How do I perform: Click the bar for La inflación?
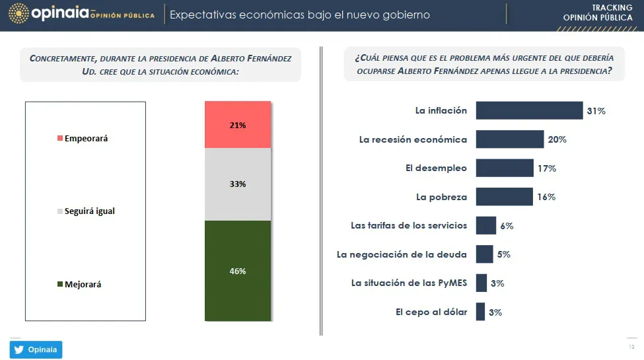point(528,111)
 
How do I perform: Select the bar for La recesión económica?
point(509,139)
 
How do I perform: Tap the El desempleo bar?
point(505,168)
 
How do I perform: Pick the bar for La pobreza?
point(504,197)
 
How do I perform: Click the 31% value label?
point(596,111)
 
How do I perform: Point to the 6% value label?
point(507,226)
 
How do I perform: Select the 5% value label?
point(503,254)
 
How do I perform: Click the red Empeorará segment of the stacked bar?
point(238,125)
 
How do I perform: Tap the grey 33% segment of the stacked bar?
point(238,184)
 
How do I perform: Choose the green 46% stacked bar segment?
point(238,271)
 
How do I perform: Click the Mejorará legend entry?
point(83,284)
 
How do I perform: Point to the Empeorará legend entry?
point(83,139)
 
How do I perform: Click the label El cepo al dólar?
point(431,312)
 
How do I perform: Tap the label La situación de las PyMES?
point(409,283)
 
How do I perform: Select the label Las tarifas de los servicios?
point(408,225)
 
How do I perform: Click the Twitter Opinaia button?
point(36,349)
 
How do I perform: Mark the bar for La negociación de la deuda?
point(484,254)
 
